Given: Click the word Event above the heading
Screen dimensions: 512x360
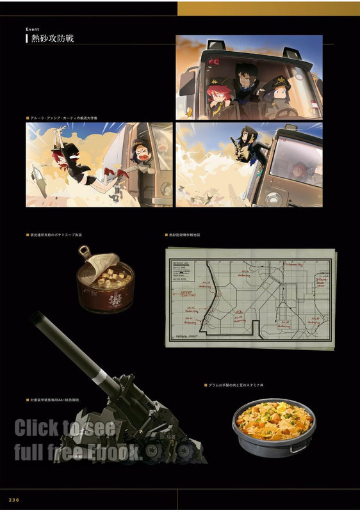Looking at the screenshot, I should (x=33, y=29).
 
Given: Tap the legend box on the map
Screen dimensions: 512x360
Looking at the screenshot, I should (x=183, y=271).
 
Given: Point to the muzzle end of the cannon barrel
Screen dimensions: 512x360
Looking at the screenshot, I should (x=37, y=317).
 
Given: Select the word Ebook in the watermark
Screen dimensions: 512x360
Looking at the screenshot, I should (x=118, y=452).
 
